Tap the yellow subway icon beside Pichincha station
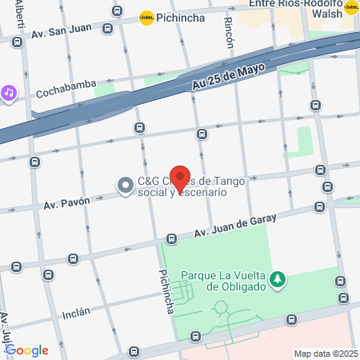coord(146,17)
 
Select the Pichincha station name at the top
coord(181,17)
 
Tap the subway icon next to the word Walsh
coord(350,13)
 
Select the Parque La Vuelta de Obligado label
coord(224,280)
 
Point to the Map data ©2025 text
coord(324,354)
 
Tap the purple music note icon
coord(8,93)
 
